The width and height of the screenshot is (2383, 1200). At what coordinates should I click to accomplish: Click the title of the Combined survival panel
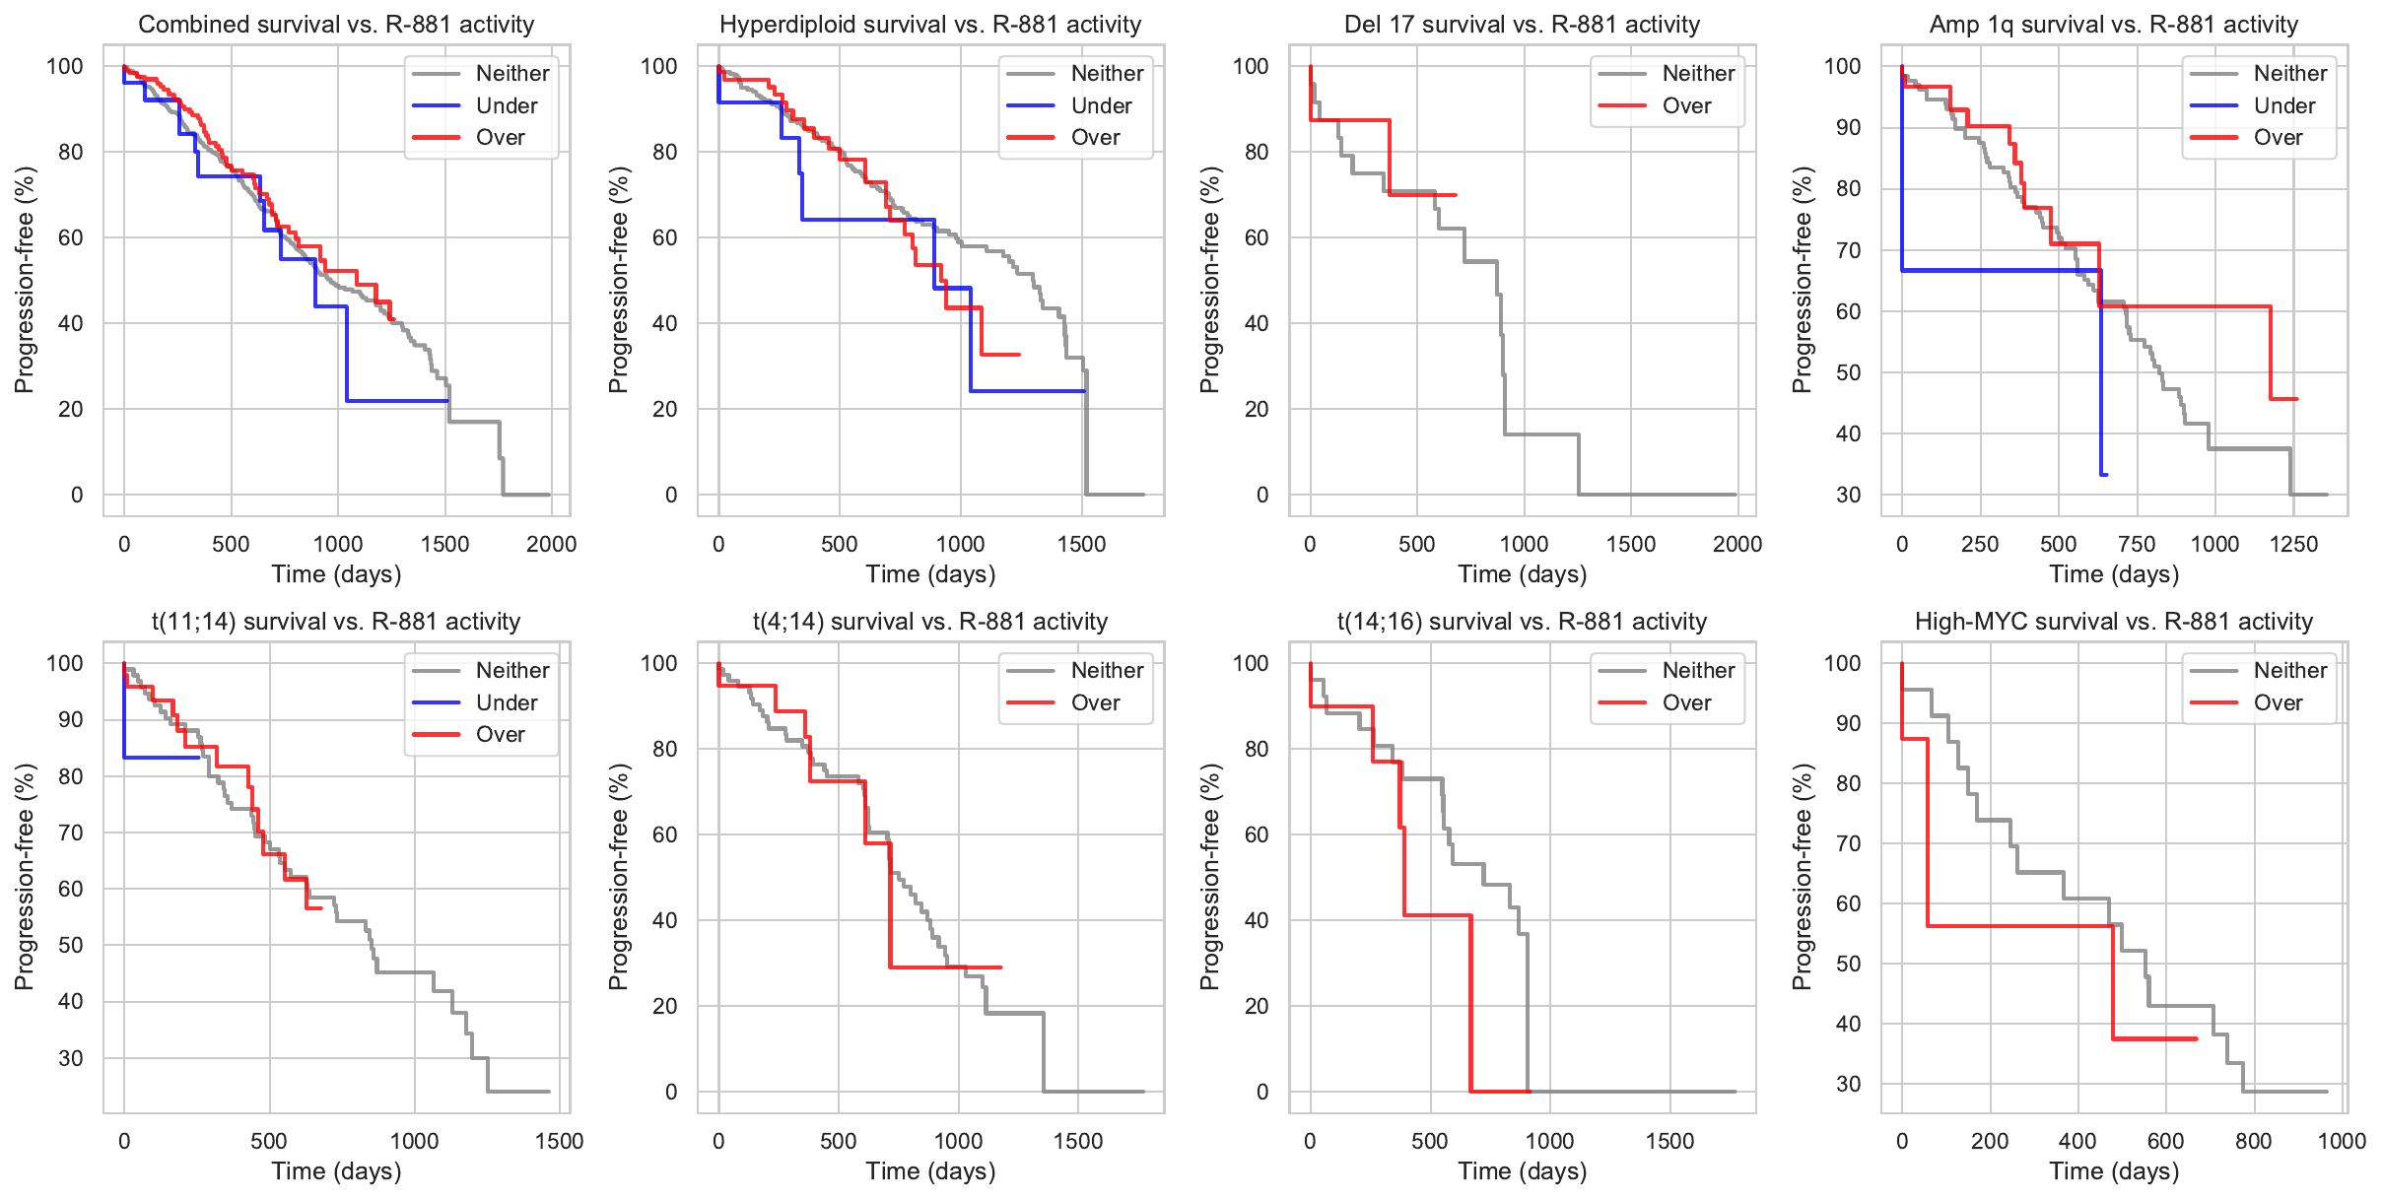[x=336, y=25]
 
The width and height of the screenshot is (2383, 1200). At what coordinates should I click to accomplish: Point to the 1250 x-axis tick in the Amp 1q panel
[x=2293, y=544]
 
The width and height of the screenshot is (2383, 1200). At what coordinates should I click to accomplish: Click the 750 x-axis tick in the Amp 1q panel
[x=2137, y=544]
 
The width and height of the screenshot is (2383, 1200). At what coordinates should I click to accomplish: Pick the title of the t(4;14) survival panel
[x=930, y=622]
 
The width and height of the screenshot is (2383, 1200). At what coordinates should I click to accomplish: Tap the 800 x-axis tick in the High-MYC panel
[x=2253, y=1141]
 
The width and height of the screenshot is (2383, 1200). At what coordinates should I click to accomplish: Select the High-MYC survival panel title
[x=2114, y=622]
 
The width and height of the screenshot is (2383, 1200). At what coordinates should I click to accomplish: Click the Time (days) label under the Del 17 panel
[x=1523, y=574]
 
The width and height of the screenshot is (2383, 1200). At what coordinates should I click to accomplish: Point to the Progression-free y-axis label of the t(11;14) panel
[x=25, y=877]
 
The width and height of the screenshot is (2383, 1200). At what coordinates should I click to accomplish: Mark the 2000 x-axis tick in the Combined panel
[x=551, y=544]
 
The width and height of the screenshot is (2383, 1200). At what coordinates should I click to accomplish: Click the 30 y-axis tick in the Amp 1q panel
[x=1849, y=495]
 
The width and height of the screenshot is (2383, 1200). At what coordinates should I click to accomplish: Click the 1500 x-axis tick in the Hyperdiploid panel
[x=1081, y=544]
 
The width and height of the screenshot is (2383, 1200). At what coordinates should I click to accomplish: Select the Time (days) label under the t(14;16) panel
[x=1523, y=1171]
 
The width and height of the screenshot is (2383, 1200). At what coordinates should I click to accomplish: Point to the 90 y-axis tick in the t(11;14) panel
[x=71, y=719]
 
